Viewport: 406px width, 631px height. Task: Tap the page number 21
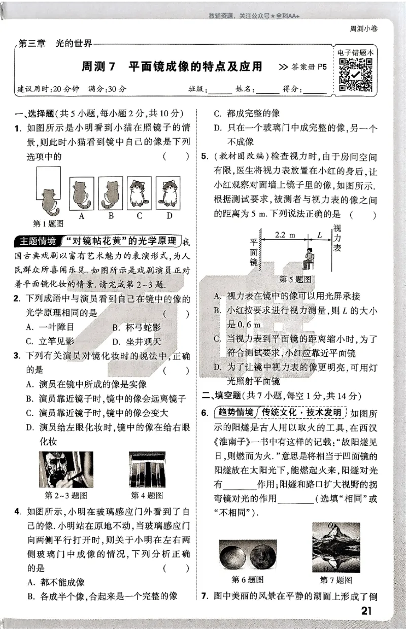pyautogui.click(x=366, y=611)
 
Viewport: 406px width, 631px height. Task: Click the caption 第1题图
pyautogui.click(x=48, y=223)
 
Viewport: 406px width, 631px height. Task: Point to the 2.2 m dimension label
pyautogui.click(x=285, y=236)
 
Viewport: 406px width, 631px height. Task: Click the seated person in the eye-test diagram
pyautogui.click(x=308, y=258)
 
